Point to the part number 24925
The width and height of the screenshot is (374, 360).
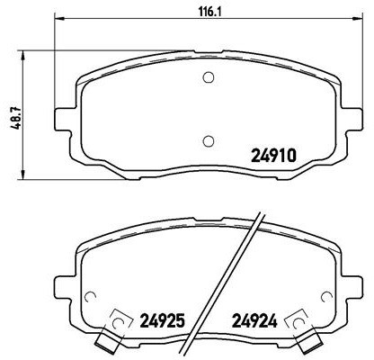pos(164,319)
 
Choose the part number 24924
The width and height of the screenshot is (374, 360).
pos(255,319)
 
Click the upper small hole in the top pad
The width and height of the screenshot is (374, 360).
pos(208,76)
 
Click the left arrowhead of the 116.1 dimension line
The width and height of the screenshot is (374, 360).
pos(58,19)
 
